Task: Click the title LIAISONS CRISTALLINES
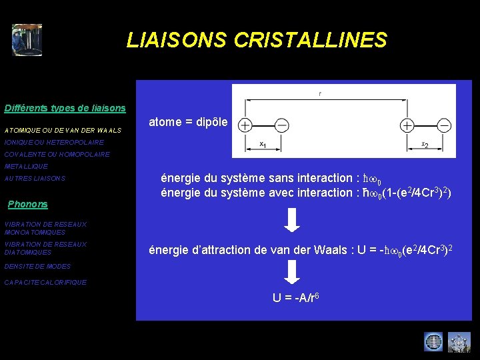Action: tap(257, 41)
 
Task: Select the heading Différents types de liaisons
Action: tap(65, 108)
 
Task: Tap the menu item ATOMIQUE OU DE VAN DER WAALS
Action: tap(63, 130)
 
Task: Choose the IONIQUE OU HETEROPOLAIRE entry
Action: tap(54, 143)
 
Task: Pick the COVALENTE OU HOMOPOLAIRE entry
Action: tap(57, 154)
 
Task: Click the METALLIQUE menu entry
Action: tap(26, 166)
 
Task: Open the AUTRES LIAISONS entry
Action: tap(35, 179)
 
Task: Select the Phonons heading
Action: tap(27, 204)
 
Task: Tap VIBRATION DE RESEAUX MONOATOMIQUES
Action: tap(45, 229)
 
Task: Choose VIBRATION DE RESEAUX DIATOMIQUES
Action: tap(45, 249)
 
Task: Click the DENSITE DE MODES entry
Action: tap(37, 267)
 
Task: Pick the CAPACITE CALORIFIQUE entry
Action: tap(45, 283)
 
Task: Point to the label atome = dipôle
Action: tap(188, 123)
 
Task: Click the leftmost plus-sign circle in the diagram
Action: tap(245, 125)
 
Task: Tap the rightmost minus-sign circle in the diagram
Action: tap(444, 125)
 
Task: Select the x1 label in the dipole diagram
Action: tap(263, 144)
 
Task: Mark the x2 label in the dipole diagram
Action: tap(425, 144)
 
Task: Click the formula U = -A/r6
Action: tap(299, 297)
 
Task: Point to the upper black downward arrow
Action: tap(292, 220)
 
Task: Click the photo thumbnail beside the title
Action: tap(27, 40)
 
